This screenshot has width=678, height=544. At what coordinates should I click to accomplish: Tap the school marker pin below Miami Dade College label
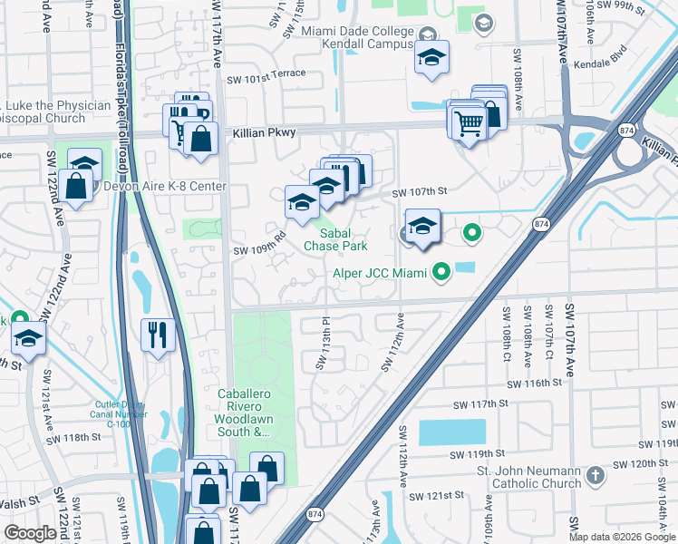[432, 59]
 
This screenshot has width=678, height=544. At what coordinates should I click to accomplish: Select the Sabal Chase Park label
[335, 239]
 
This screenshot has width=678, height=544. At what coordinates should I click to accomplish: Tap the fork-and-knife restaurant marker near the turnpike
[158, 335]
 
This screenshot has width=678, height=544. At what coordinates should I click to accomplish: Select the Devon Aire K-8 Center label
[165, 187]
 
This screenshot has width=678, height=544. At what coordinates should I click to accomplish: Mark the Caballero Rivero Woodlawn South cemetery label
[244, 413]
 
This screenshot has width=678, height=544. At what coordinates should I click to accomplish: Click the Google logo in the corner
[30, 533]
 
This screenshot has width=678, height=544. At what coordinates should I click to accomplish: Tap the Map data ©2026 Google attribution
[622, 537]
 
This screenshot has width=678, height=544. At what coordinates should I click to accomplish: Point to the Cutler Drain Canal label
[120, 413]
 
